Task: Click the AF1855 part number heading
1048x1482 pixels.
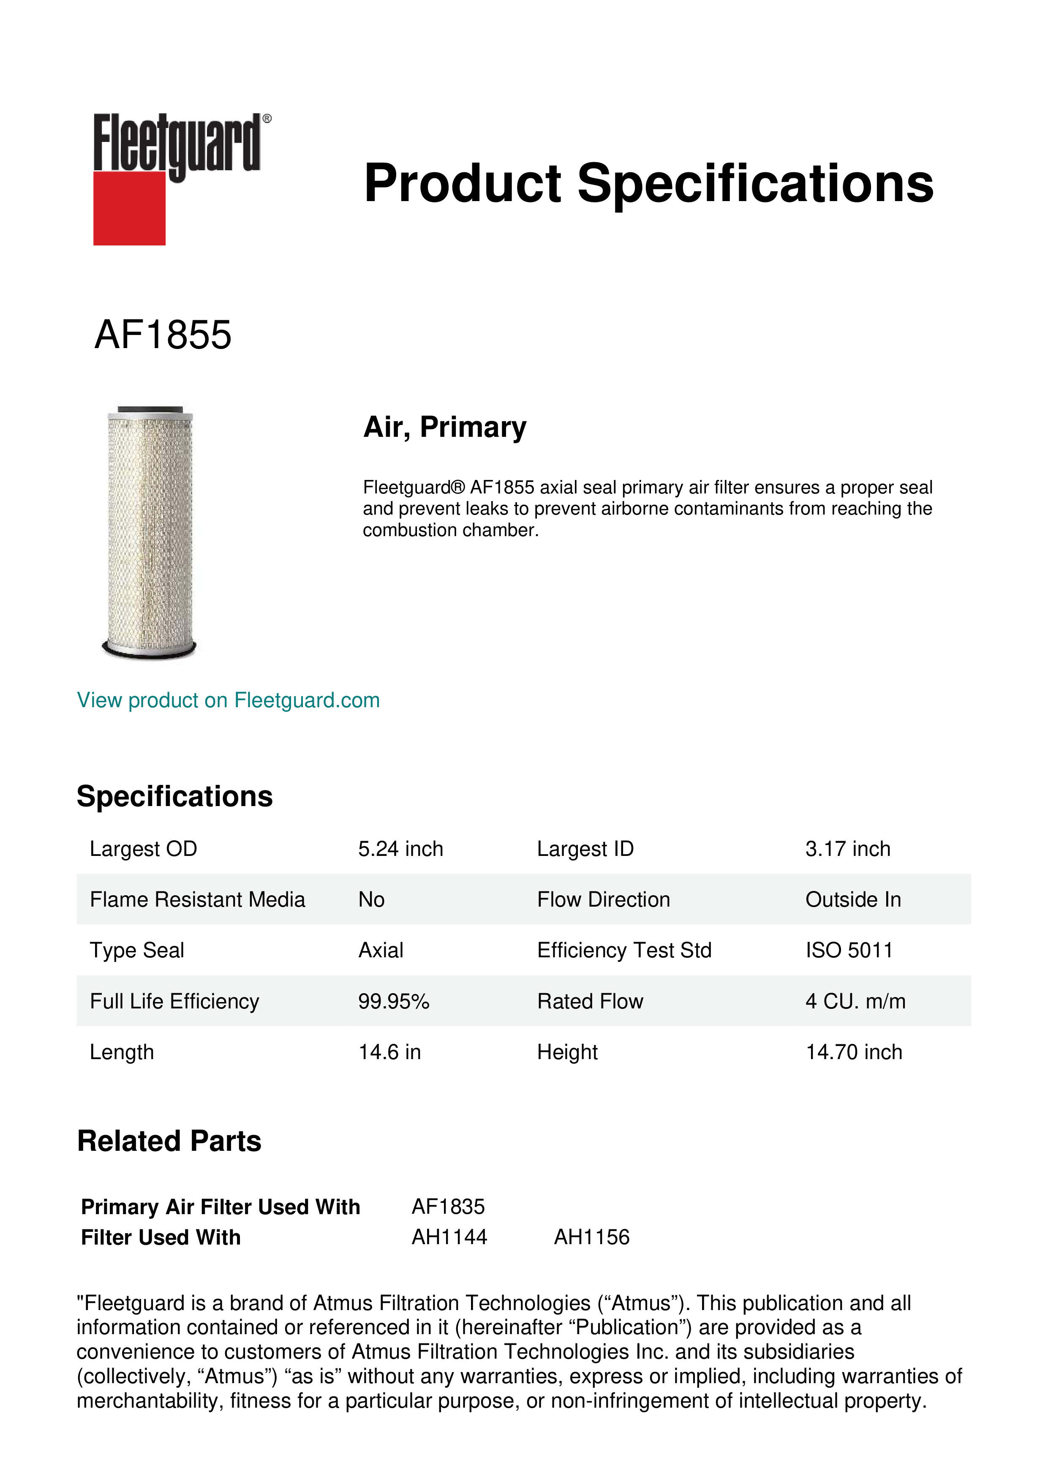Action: (163, 335)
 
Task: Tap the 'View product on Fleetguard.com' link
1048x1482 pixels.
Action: (228, 700)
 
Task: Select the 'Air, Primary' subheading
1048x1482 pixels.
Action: (445, 427)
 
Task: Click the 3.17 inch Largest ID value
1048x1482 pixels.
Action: (847, 849)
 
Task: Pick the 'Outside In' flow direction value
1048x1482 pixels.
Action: (852, 900)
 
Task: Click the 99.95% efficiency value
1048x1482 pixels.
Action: (394, 1001)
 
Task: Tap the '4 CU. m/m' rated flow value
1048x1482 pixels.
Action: (855, 1001)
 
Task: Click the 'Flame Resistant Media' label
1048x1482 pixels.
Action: (197, 900)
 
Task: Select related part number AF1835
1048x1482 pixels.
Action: (448, 1207)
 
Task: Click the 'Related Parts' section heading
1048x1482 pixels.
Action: (169, 1141)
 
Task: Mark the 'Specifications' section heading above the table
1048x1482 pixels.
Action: (174, 796)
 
